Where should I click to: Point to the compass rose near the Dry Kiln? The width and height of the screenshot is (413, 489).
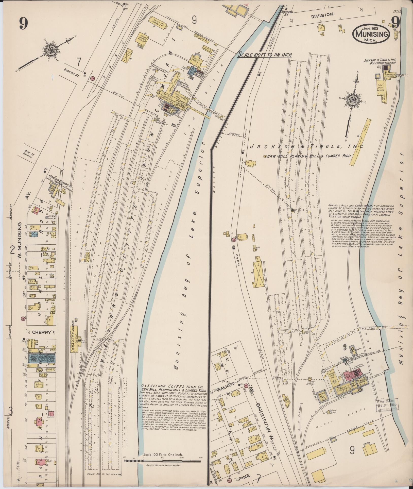click(x=353, y=98)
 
